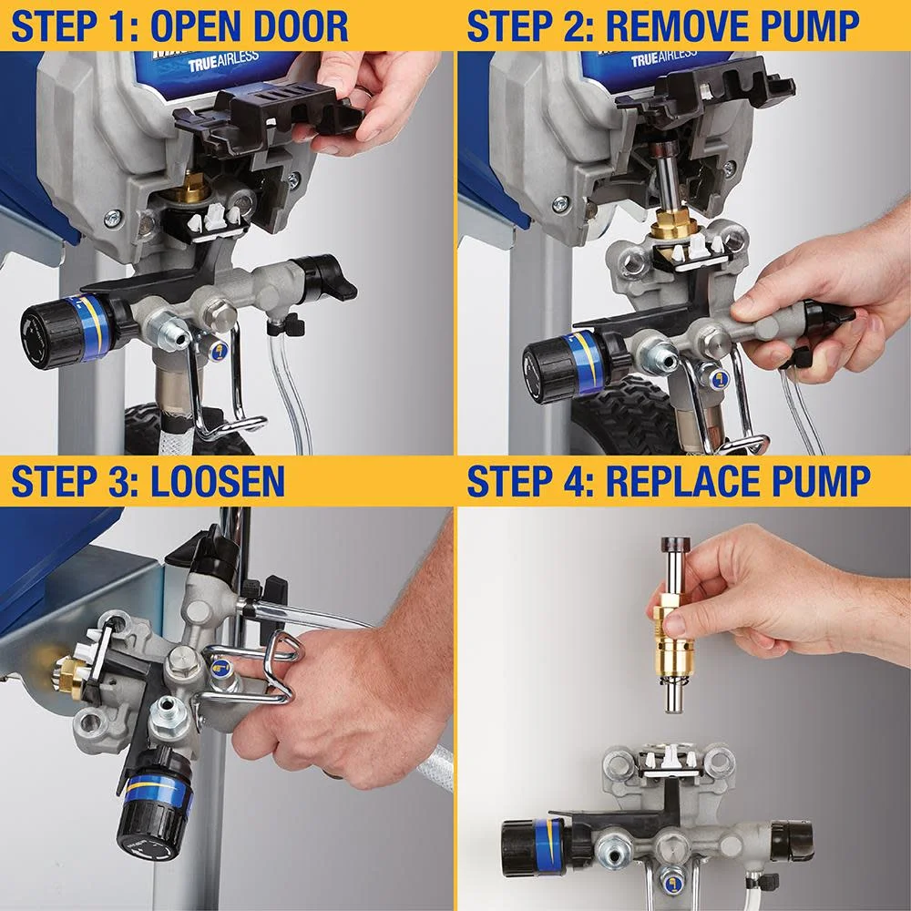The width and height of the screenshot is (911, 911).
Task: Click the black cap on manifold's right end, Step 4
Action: pos(792,838)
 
